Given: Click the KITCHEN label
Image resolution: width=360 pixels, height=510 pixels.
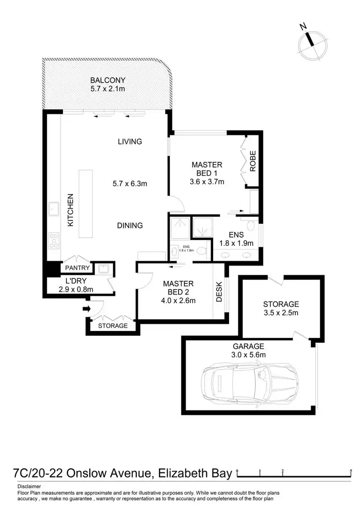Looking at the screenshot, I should pos(70,210).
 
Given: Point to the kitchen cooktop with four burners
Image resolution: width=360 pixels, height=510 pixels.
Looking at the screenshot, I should pos(53,239).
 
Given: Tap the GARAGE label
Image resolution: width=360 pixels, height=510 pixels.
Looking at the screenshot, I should pos(248,346).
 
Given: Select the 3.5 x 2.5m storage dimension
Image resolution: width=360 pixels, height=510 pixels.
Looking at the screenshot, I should pos(281,313).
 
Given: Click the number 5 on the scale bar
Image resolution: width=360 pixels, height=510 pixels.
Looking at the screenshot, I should pos(352,471).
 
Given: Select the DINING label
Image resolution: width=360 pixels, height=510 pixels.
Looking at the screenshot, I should pos(130,225).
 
